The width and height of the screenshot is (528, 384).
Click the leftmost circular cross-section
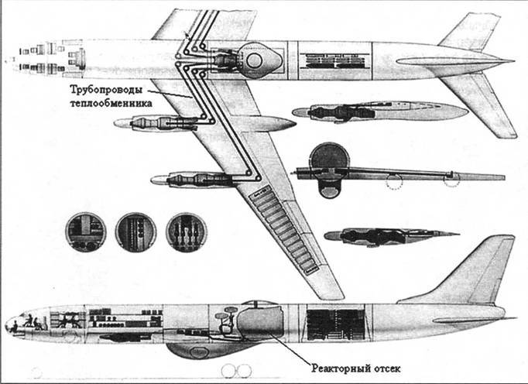pos(86,230)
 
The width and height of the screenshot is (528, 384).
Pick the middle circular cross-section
pos(135,231)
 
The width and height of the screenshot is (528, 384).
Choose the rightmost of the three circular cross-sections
pos(186,231)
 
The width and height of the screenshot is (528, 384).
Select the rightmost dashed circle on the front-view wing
pos(451,180)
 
